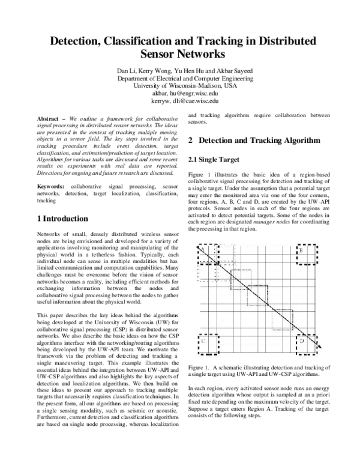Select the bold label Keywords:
click(x=52, y=187)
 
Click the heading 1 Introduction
click(x=65, y=218)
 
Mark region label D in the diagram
click(x=302, y=341)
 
